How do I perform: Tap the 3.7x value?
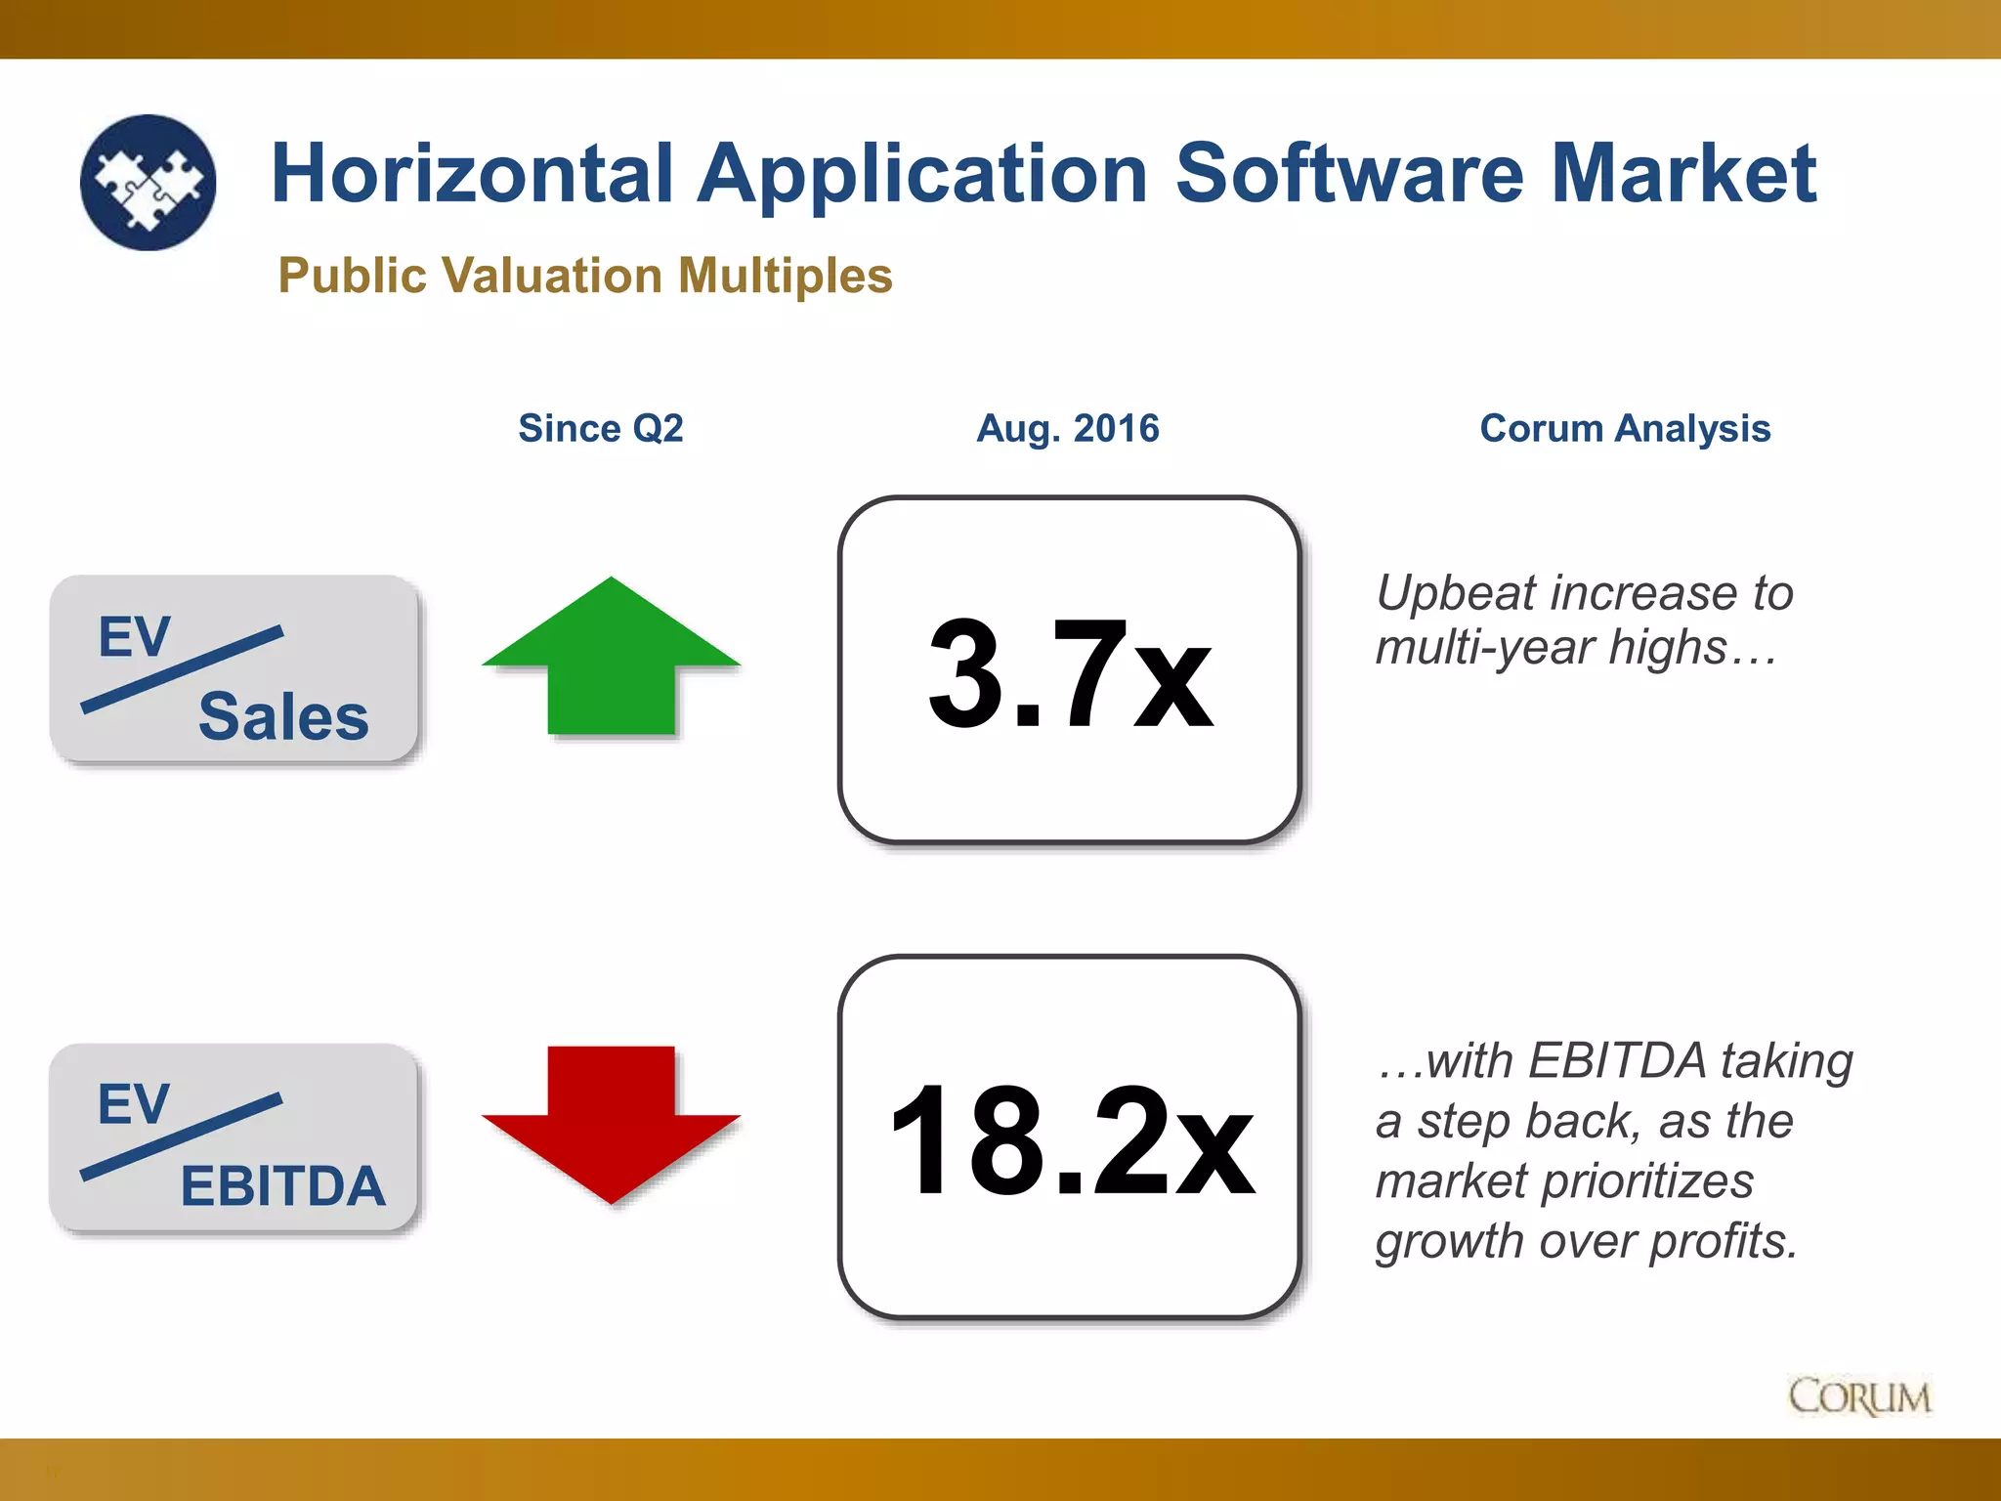1070,674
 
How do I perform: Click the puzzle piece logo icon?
149,183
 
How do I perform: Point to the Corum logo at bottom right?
1859,1397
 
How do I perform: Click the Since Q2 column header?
601,428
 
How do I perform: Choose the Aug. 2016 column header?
1068,428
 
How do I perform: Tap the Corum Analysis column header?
1625,428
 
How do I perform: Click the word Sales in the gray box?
283,716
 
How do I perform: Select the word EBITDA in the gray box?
283,1185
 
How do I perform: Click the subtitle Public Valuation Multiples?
585,276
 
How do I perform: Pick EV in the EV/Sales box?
135,637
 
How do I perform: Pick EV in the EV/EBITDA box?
134,1104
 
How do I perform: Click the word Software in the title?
1348,174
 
